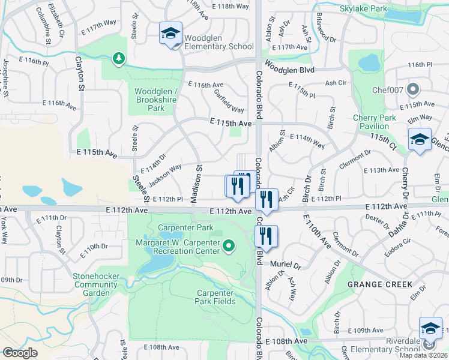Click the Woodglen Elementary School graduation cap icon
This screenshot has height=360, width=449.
pyautogui.click(x=170, y=34)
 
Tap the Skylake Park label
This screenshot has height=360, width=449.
pyautogui.click(x=364, y=10)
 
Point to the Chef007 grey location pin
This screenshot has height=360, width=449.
pyautogui.click(x=412, y=90)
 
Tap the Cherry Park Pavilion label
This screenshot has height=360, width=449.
pyautogui.click(x=375, y=122)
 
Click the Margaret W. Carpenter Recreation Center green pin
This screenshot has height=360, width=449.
pyautogui.click(x=229, y=245)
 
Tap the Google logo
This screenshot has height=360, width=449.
pyautogui.click(x=20, y=353)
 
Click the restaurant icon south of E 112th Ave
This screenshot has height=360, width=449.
pyautogui.click(x=267, y=237)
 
